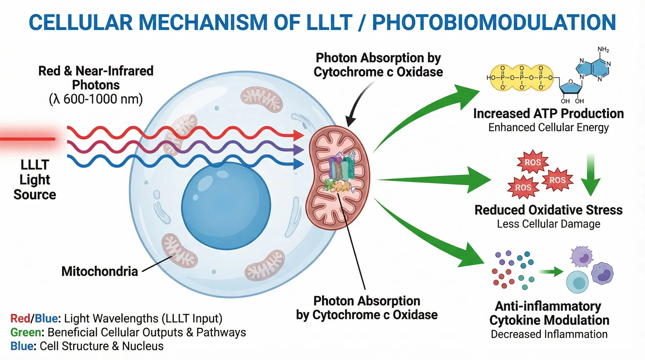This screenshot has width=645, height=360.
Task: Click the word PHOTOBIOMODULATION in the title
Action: (494, 22)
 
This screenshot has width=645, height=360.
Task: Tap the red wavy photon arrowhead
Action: (298, 135)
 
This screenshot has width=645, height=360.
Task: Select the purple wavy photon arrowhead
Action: (298, 150)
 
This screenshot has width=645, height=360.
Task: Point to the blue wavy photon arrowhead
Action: (298, 164)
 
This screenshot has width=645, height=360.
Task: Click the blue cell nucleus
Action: (226, 206)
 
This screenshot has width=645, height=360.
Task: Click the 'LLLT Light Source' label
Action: (35, 180)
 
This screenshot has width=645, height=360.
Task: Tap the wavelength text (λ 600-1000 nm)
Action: (96, 99)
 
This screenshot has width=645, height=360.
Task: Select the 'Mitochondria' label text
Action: (99, 271)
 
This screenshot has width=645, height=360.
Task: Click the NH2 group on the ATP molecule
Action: (603, 50)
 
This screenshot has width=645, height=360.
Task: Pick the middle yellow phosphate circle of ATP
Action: (522, 78)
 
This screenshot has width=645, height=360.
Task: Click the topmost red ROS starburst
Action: (533, 162)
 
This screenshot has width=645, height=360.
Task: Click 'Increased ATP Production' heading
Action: (548, 114)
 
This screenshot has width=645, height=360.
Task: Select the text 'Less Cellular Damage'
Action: (548, 224)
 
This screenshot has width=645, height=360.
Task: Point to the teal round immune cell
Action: (577, 282)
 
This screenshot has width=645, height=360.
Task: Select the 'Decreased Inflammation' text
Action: (549, 334)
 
